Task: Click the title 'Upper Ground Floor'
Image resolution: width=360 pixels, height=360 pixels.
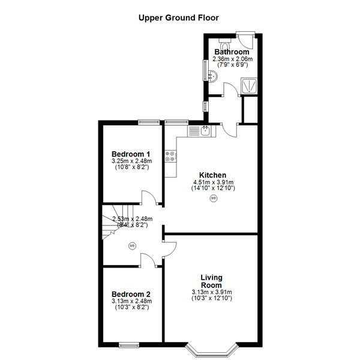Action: pyautogui.click(x=179, y=17)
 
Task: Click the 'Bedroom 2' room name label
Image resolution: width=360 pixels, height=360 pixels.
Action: pyautogui.click(x=131, y=294)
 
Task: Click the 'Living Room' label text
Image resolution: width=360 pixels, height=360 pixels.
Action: pyautogui.click(x=211, y=281)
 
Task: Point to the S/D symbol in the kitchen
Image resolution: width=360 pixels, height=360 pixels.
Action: pyautogui.click(x=214, y=198)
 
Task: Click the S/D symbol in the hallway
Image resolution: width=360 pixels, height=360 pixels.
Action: pyautogui.click(x=132, y=245)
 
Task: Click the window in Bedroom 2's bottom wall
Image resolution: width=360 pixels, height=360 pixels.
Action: pyautogui.click(x=128, y=344)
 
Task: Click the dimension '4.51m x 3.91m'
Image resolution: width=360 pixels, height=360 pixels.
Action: pyautogui.click(x=212, y=182)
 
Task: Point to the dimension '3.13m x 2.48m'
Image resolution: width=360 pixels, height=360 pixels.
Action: pyautogui.click(x=131, y=301)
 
